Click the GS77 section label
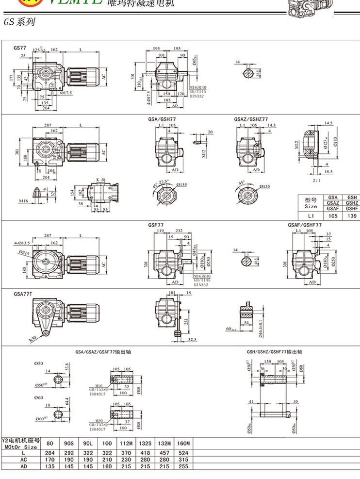coord(20,48)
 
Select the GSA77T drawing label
coord(23,293)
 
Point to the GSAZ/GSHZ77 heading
coord(251,119)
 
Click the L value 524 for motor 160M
coord(184,452)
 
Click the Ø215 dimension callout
coord(24,252)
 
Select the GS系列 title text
coord(19,22)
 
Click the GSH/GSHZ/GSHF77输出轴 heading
coord(275,352)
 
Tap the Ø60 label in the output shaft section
coord(38,397)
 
